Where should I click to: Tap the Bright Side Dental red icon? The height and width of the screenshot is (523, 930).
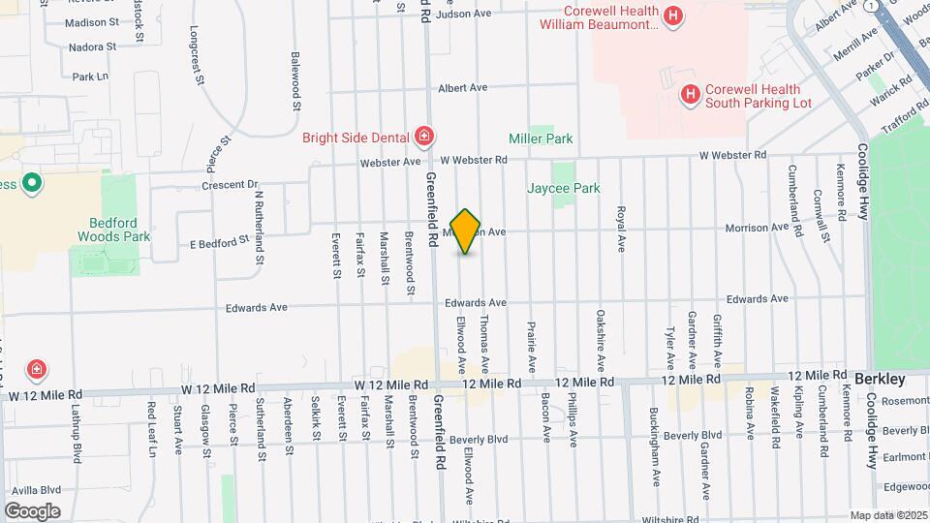[423, 136]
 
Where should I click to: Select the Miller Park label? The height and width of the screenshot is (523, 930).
[541, 138]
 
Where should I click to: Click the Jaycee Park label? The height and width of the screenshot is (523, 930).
[563, 189]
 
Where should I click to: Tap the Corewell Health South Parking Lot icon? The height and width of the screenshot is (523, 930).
[690, 94]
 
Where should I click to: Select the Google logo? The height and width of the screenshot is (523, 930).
[32, 510]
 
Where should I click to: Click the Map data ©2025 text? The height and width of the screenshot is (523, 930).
[887, 515]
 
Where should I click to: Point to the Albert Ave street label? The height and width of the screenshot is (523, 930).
[462, 87]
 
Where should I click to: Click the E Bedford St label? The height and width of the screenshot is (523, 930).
[220, 242]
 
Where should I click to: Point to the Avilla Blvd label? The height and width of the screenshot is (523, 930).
[37, 490]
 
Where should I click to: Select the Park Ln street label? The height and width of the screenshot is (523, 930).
[89, 76]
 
